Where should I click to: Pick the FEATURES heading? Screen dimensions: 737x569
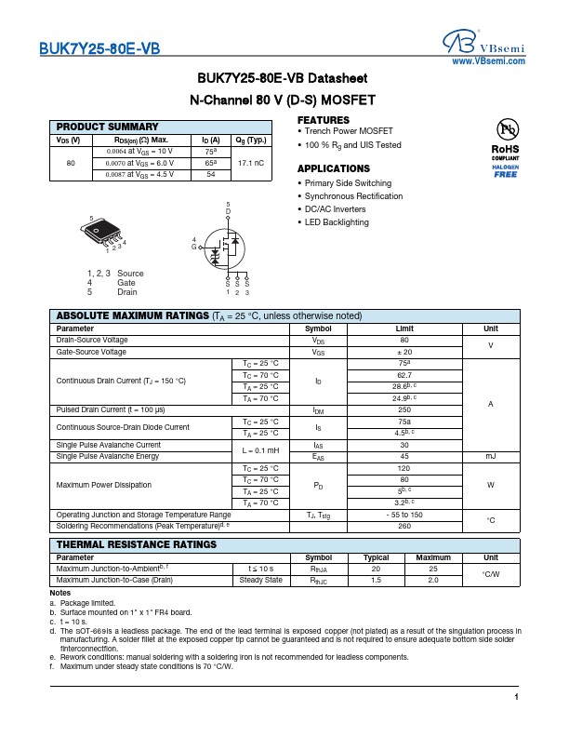324,121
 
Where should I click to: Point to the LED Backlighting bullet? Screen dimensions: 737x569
337,222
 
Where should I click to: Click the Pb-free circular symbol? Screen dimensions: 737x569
506,129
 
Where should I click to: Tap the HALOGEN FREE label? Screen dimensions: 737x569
506,170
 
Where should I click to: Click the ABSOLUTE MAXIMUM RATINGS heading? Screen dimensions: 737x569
133,315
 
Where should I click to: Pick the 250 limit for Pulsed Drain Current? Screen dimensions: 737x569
404,409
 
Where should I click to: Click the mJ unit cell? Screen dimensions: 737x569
490,456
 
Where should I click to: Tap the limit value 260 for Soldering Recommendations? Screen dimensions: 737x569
404,526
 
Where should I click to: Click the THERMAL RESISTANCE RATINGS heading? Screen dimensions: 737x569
137,544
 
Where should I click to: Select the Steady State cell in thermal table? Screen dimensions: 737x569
260,580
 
